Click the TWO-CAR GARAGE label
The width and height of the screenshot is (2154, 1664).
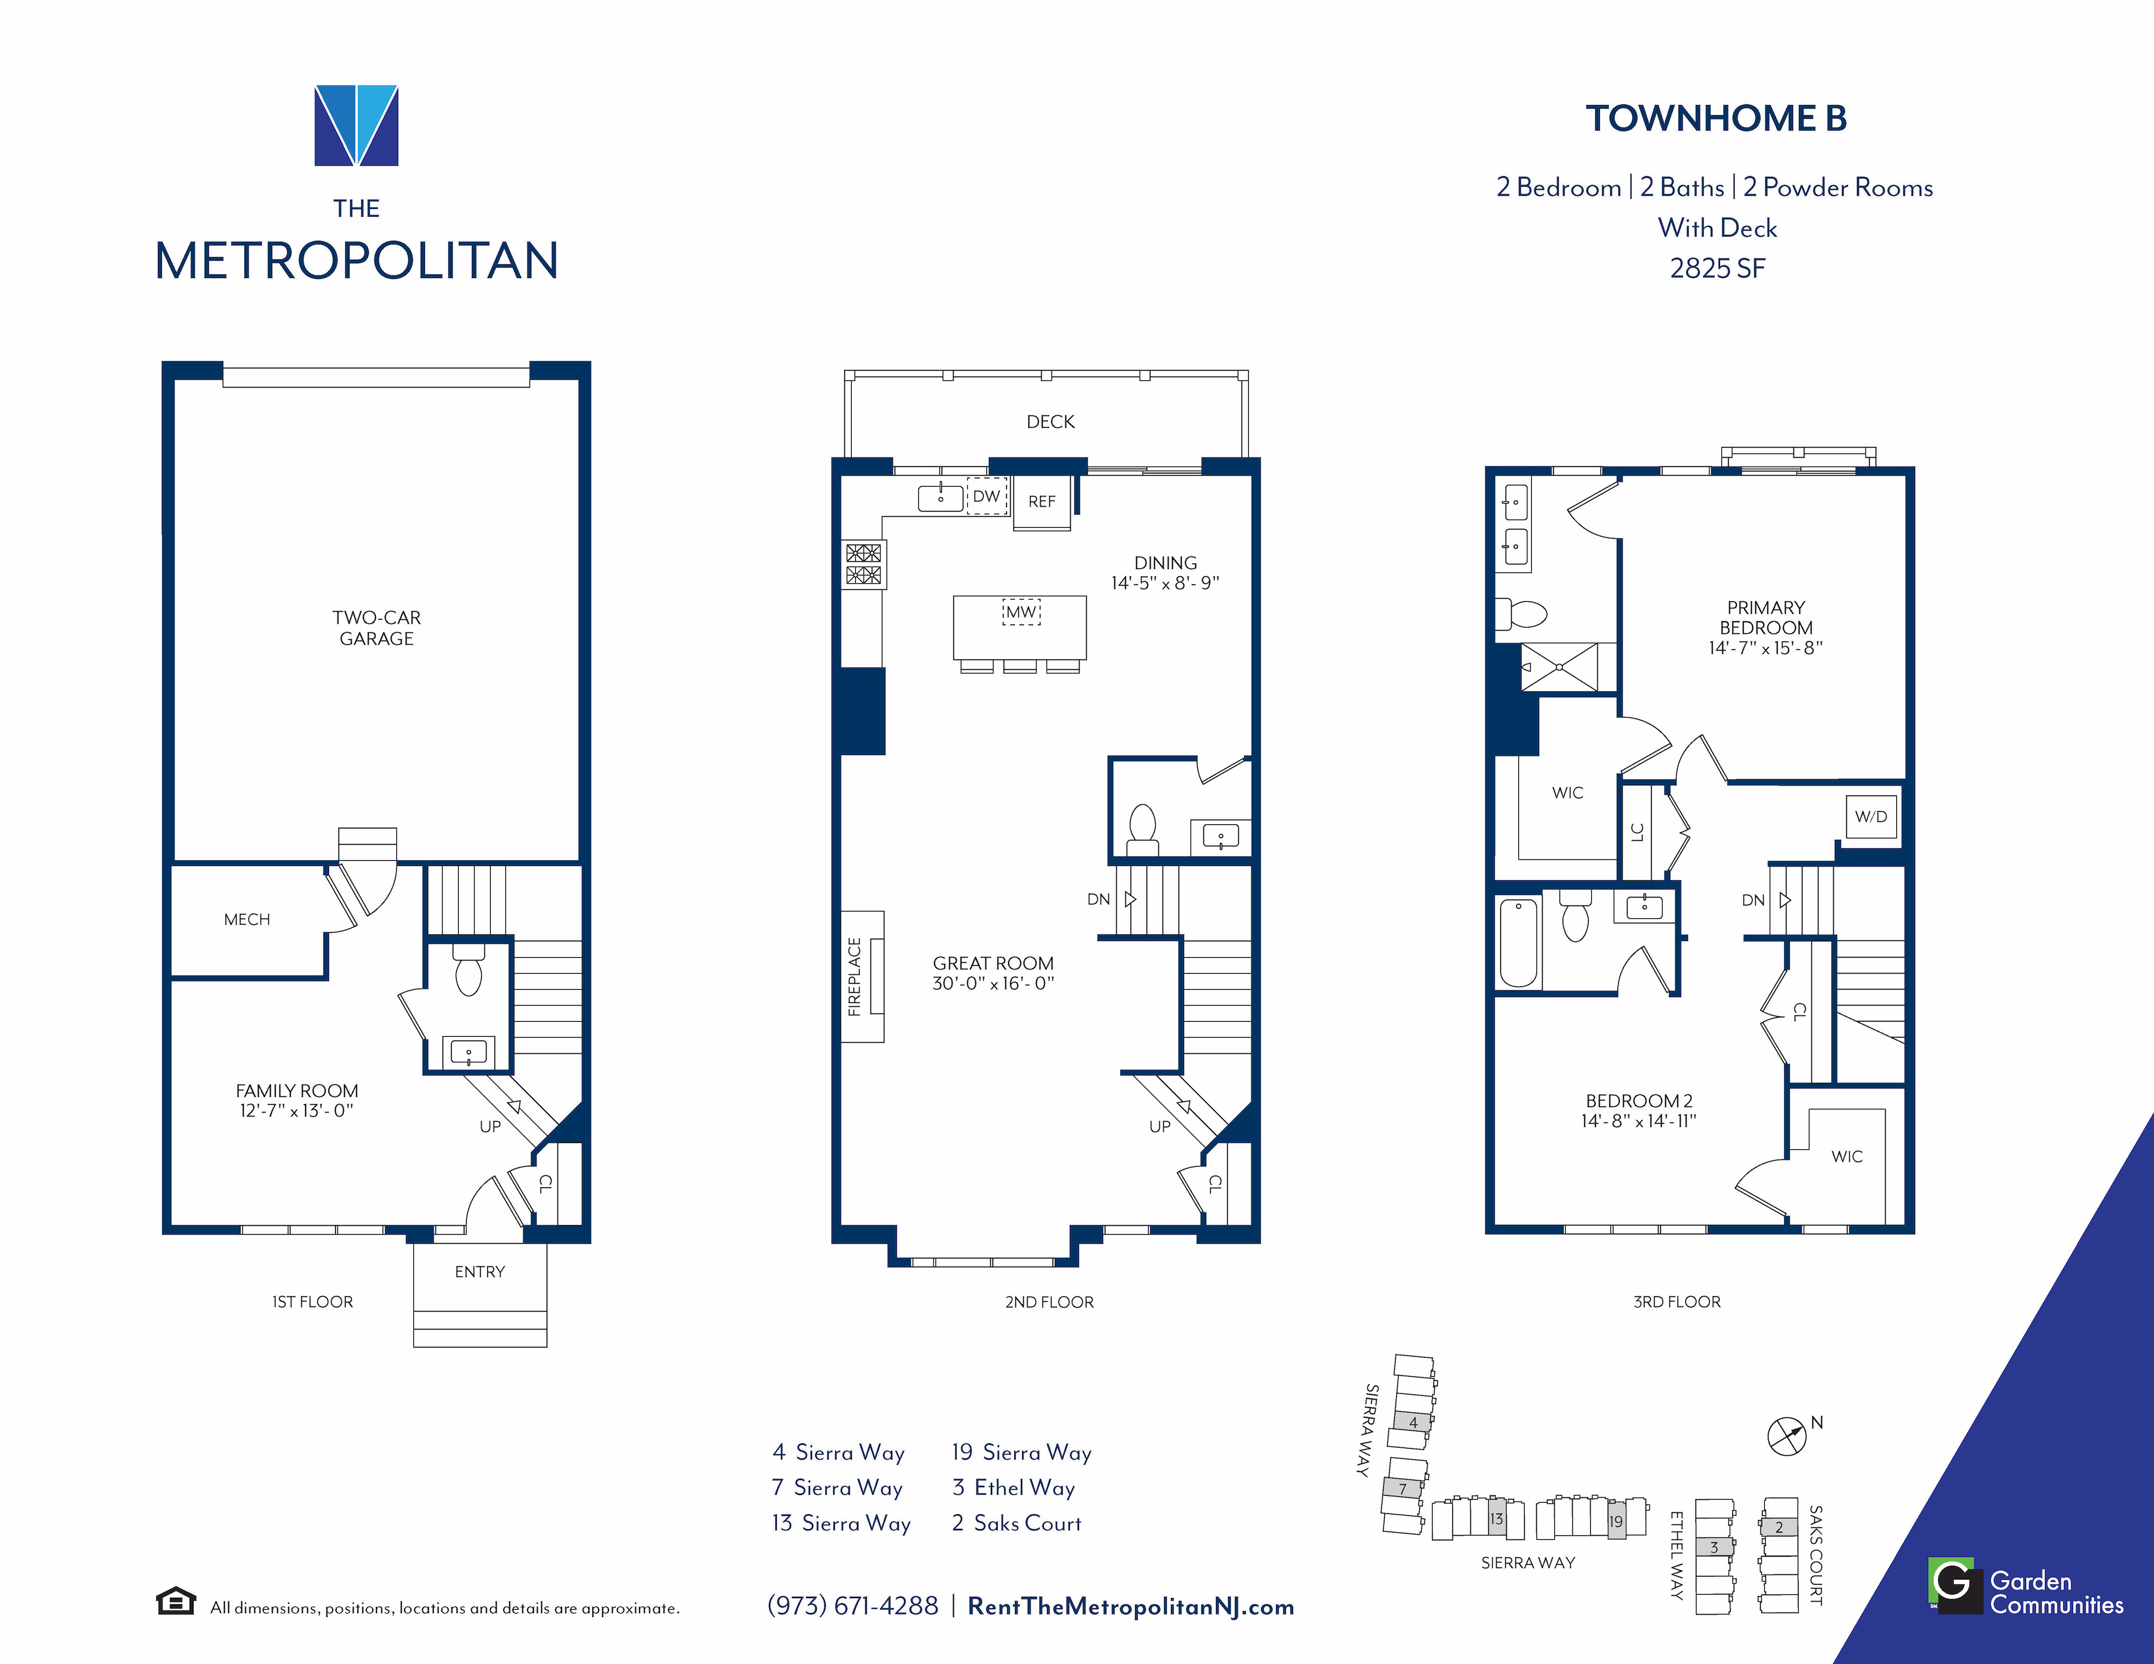tap(377, 628)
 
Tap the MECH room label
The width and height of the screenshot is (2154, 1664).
tap(247, 919)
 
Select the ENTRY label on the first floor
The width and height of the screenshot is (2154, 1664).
tap(479, 1272)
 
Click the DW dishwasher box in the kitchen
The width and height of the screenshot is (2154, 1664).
tap(986, 497)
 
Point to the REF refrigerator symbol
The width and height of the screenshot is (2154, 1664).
tap(1042, 502)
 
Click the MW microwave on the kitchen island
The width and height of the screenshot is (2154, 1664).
tap(1021, 612)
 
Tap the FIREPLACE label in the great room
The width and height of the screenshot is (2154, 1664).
tap(854, 976)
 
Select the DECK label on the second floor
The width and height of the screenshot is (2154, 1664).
tap(1050, 422)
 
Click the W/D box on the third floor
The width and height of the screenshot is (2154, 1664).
tap(1871, 817)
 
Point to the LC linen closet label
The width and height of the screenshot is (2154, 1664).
tap(1637, 831)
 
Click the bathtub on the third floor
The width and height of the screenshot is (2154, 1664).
tap(1519, 942)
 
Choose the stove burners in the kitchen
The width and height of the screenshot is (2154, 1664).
tap(863, 564)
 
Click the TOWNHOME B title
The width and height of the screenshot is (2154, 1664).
tap(1716, 118)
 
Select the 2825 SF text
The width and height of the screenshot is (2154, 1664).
tap(1717, 268)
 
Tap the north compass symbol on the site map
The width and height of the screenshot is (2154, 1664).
tap(1786, 1436)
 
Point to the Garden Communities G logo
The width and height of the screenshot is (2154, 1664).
tap(1955, 1585)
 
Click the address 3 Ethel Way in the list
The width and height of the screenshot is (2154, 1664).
tap(1013, 1488)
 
